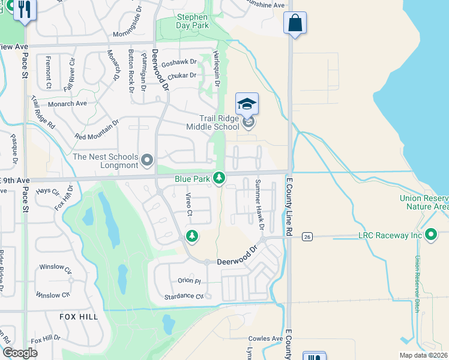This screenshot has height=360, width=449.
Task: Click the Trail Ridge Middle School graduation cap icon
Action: pyautogui.click(x=247, y=104)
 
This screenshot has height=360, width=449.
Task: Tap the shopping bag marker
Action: pyautogui.click(x=295, y=23)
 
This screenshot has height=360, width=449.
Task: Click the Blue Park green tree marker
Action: pyautogui.click(x=220, y=178)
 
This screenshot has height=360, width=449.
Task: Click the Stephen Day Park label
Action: pyautogui.click(x=192, y=21)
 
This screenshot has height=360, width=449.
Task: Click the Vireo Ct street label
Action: pyautogui.click(x=188, y=205)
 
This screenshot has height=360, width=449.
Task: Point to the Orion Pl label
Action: pyautogui.click(x=188, y=281)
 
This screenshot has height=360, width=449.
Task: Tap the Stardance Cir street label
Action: pyautogui.click(x=184, y=296)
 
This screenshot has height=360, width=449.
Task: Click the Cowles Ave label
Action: pyautogui.click(x=265, y=338)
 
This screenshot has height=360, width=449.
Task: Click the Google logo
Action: pyautogui.click(x=20, y=353)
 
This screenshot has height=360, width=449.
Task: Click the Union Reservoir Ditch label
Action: pyautogui.click(x=415, y=282)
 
